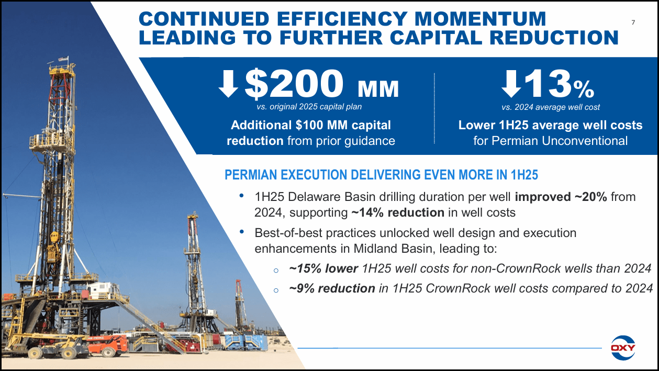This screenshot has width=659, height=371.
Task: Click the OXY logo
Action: (x=623, y=347)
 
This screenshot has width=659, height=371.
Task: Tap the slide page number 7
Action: (x=633, y=23)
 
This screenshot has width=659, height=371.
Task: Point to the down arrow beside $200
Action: (x=228, y=84)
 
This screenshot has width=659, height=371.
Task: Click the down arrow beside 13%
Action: (x=511, y=84)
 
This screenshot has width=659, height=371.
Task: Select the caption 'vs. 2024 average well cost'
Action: (x=550, y=107)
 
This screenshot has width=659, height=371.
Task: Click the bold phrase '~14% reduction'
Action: (x=397, y=213)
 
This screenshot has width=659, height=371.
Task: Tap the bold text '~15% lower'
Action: (x=323, y=269)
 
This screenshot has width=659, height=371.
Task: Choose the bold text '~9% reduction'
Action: (x=332, y=288)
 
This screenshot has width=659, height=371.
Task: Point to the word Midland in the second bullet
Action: (x=362, y=248)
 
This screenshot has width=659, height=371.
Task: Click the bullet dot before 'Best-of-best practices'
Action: (x=241, y=232)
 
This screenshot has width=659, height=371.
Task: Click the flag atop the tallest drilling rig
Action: (x=63, y=60)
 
